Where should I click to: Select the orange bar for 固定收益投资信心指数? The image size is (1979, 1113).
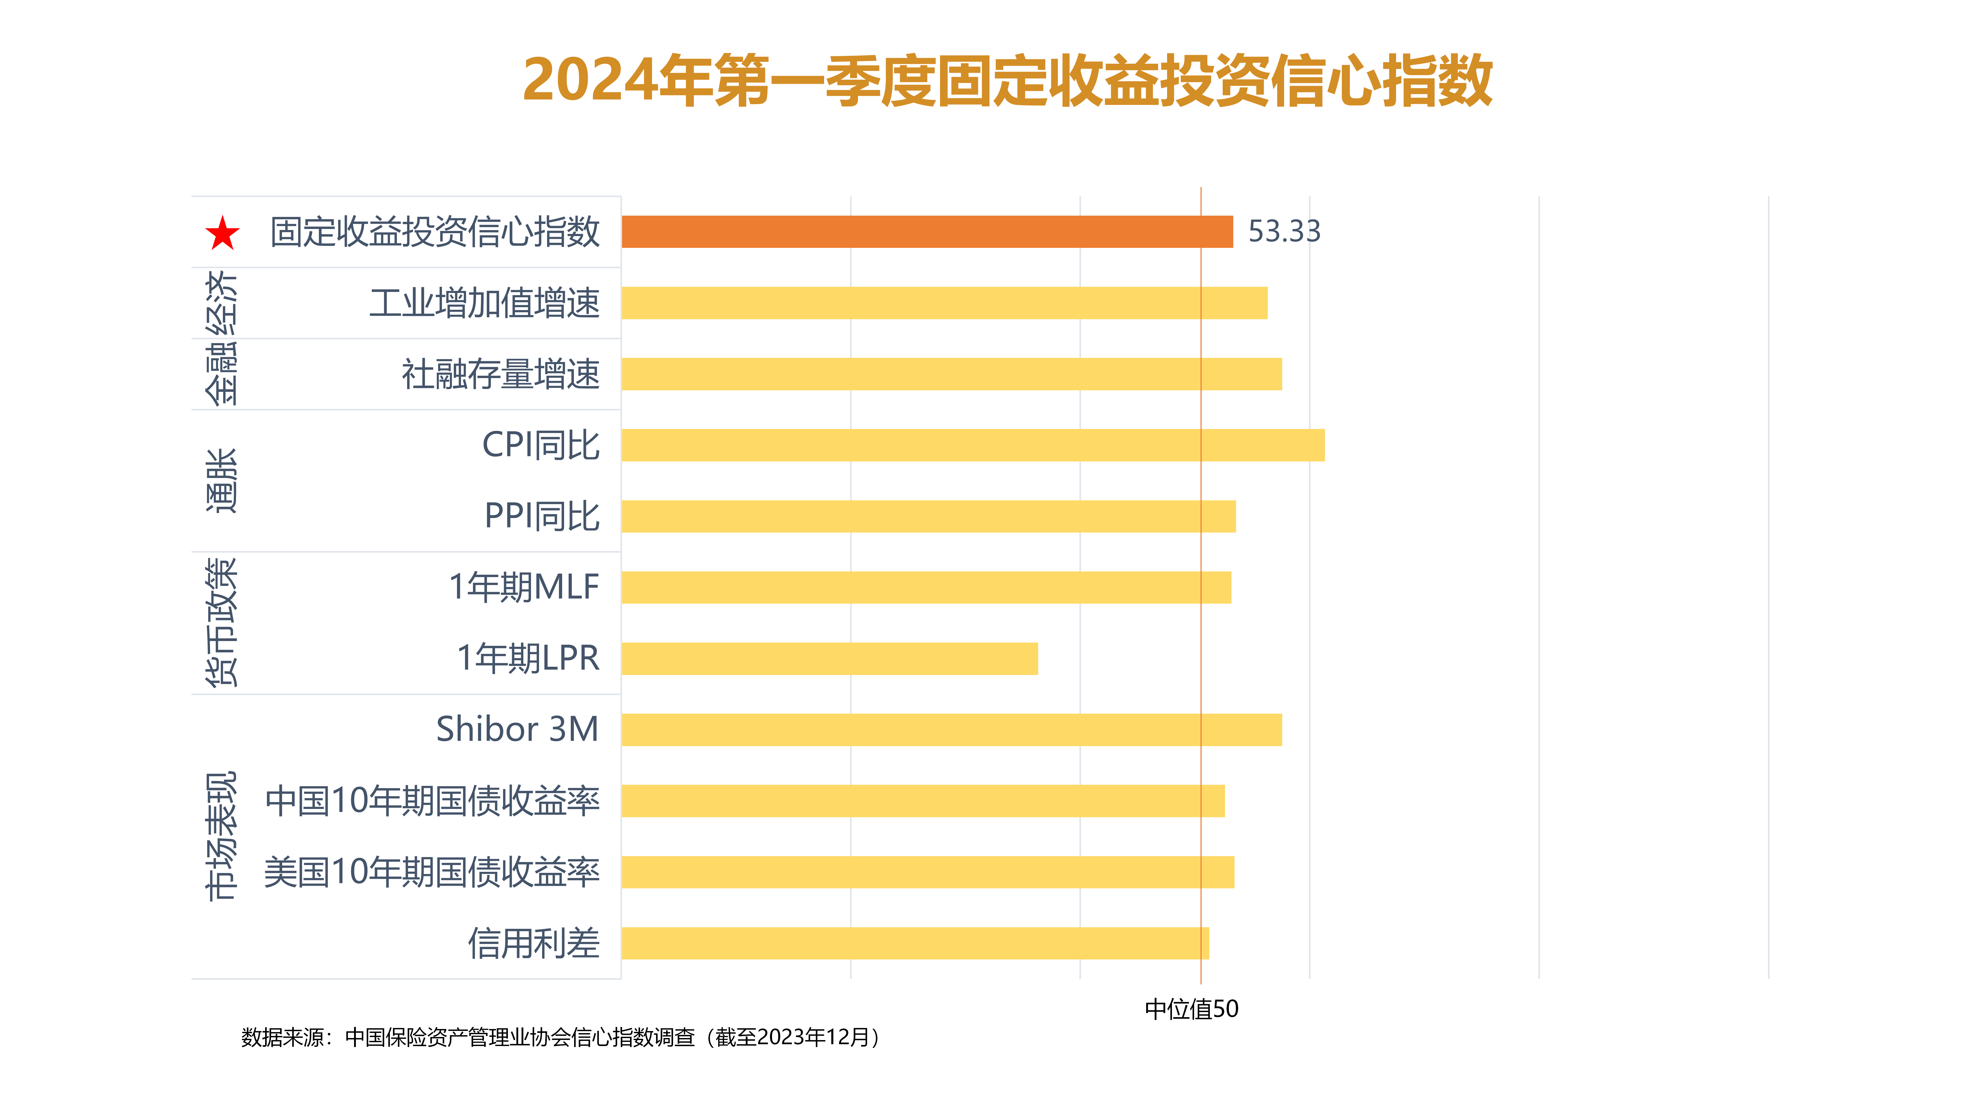coord(927,231)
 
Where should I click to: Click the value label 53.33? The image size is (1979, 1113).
coord(1284,231)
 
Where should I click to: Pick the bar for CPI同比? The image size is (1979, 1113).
coord(972,445)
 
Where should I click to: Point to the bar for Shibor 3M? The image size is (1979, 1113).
coord(951,730)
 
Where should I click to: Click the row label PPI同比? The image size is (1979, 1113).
coord(542,516)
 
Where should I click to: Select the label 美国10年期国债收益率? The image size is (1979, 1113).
coord(432,873)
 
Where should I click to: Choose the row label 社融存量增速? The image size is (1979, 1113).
coord(500,374)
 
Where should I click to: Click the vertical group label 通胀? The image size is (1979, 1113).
coord(221,481)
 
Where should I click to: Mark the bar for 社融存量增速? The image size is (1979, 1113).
coord(951,374)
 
